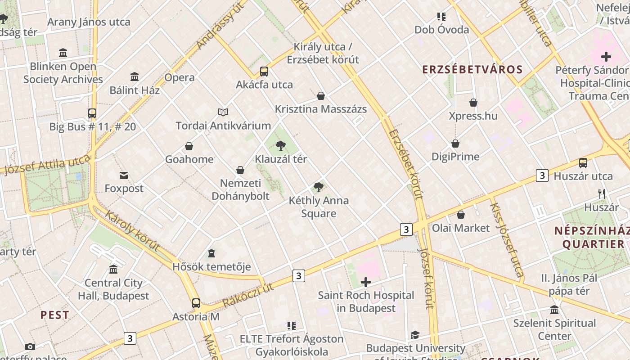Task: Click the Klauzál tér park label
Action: (281, 159)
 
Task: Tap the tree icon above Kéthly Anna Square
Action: (319, 187)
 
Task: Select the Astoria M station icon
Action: (196, 303)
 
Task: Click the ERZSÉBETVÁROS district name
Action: (472, 70)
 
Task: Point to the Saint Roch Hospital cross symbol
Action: (366, 282)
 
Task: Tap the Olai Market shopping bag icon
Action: (461, 215)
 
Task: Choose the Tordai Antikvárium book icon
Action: (223, 112)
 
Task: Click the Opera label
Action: (180, 77)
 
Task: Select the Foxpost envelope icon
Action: (124, 175)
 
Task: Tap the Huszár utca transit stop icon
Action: (583, 163)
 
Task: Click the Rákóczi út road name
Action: (248, 295)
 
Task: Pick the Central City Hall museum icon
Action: (113, 269)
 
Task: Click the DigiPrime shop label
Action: (455, 157)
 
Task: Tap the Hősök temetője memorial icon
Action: (211, 253)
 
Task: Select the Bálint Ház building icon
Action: (135, 76)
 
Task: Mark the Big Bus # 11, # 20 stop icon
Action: (92, 113)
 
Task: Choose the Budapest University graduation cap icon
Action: (415, 335)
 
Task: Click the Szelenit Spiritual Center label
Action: (554, 329)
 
